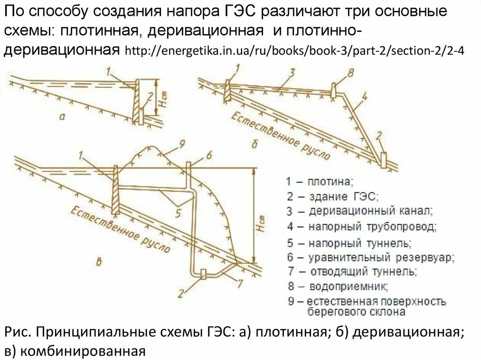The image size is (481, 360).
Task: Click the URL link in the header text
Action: tap(295, 51)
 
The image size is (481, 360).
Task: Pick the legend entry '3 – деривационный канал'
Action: tap(359, 211)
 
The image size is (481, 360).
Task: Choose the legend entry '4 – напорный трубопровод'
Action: tap(362, 227)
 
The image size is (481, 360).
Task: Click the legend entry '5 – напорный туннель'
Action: tap(349, 243)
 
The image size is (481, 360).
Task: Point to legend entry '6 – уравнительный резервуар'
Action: tap(371, 258)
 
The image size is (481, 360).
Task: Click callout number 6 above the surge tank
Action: tap(209, 156)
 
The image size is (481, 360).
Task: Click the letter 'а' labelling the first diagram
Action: tap(62, 117)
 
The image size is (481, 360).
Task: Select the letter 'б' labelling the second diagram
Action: tap(255, 144)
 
